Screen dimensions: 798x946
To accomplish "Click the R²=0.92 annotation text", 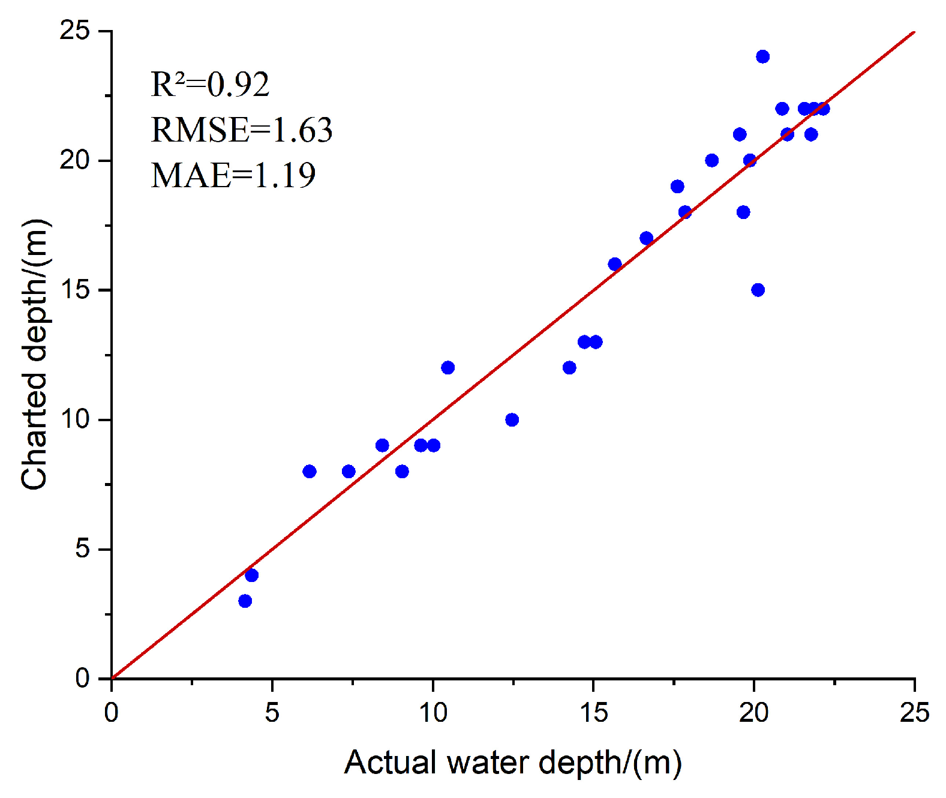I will (210, 85).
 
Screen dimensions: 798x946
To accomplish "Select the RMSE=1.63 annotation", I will (241, 130).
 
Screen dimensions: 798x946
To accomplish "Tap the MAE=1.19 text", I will (233, 175).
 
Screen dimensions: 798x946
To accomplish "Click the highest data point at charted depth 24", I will (762, 56).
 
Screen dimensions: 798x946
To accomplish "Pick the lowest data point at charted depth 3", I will (245, 601).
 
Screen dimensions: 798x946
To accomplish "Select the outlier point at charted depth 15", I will (758, 290).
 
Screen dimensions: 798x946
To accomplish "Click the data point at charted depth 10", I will (512, 419).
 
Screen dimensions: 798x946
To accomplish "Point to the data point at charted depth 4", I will (251, 575).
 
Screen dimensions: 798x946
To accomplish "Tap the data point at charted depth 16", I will (614, 264).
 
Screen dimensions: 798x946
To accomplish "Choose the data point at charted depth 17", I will (646, 238).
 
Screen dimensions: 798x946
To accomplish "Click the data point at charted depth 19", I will (677, 186).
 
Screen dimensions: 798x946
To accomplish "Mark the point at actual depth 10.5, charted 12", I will (448, 367).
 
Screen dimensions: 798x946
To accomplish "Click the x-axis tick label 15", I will (593, 713).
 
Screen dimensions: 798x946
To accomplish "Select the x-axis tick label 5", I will (272, 713).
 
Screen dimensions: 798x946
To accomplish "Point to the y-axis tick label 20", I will (74, 160).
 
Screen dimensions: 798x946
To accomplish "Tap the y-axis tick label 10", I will (74, 419).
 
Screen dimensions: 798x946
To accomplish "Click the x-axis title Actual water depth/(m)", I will (513, 763).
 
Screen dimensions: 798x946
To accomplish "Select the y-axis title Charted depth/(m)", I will (34, 354).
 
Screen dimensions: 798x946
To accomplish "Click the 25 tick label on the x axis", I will (914, 713).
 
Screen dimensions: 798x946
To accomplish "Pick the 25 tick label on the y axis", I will (74, 30).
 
